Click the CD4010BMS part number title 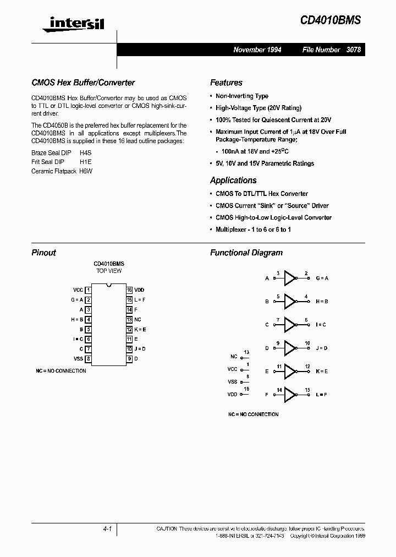[x=331, y=20]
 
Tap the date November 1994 [x=257, y=50]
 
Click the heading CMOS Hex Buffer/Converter [x=83, y=83]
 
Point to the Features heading [x=226, y=83]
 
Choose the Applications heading [x=233, y=181]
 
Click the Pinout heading [x=44, y=253]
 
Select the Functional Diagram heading [x=246, y=253]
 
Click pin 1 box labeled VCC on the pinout [x=89, y=290]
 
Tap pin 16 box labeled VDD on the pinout [x=129, y=290]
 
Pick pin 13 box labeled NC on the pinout [x=129, y=319]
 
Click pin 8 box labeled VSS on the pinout [x=89, y=359]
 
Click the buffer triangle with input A [x=289, y=278]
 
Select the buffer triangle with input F [x=289, y=394]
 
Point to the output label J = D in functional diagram [x=322, y=348]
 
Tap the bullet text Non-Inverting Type [x=242, y=96]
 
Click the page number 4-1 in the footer [x=107, y=529]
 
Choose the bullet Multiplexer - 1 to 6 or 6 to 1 [x=253, y=230]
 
